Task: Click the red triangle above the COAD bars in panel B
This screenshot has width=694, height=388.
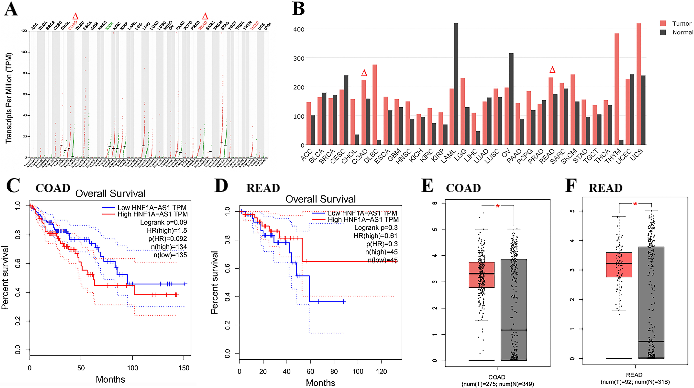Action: click(x=364, y=73)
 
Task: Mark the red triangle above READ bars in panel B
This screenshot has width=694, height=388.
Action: click(x=552, y=70)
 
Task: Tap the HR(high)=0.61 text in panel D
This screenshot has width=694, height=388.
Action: click(x=375, y=236)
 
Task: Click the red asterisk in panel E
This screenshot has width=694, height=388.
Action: click(x=498, y=206)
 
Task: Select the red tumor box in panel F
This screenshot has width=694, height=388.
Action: click(x=619, y=265)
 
